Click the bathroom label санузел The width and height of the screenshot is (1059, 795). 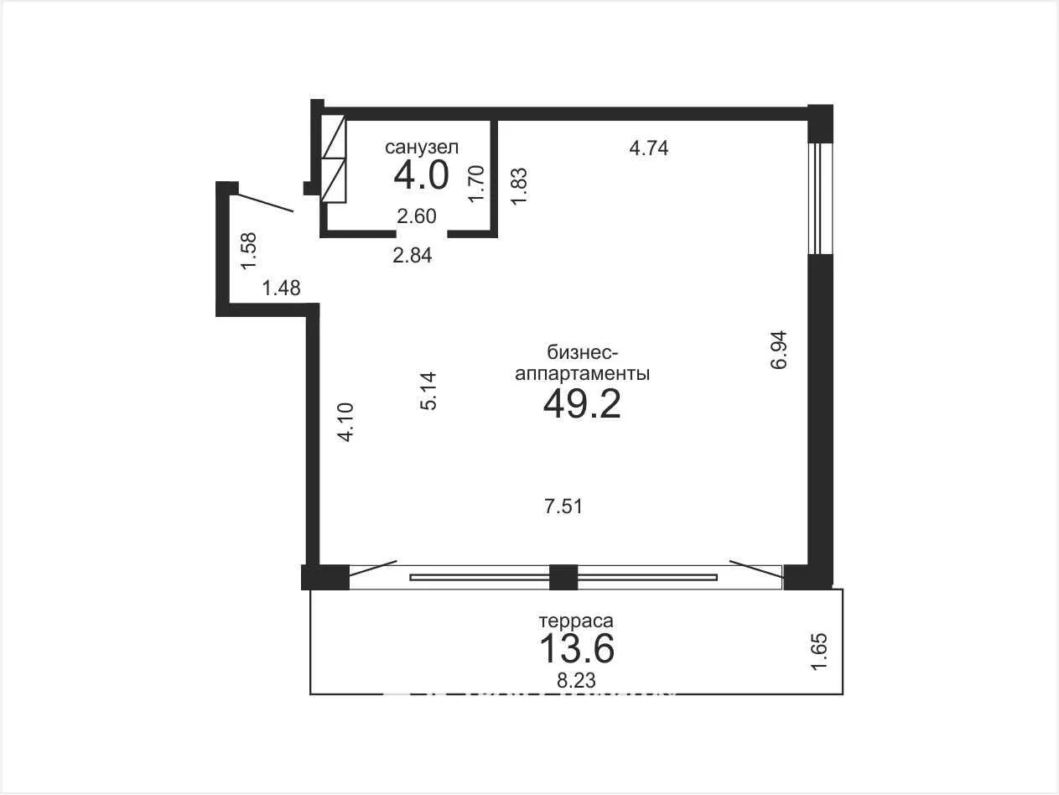(421, 147)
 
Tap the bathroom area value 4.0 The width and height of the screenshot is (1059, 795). (421, 175)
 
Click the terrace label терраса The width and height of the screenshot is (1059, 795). (576, 621)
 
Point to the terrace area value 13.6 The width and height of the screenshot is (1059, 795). (577, 648)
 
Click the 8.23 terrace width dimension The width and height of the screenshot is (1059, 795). (576, 680)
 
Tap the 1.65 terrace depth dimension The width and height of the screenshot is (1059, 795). (820, 652)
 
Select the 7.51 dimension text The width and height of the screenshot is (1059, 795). (563, 506)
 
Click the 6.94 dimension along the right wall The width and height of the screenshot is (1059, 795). (779, 350)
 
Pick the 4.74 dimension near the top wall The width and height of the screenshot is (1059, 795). (648, 148)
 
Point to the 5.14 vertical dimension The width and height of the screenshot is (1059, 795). (428, 391)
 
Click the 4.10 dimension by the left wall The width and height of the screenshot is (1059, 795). (345, 422)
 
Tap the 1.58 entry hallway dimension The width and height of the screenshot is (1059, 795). (249, 252)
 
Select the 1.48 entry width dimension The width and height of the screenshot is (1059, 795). (281, 288)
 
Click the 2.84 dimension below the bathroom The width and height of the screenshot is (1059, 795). (412, 255)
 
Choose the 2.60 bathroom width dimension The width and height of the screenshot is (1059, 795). (417, 216)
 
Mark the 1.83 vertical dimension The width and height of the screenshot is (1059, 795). (519, 187)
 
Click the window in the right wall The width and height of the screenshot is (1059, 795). (820, 198)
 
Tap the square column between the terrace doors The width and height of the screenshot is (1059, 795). (563, 578)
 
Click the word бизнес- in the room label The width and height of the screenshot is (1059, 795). (583, 353)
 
